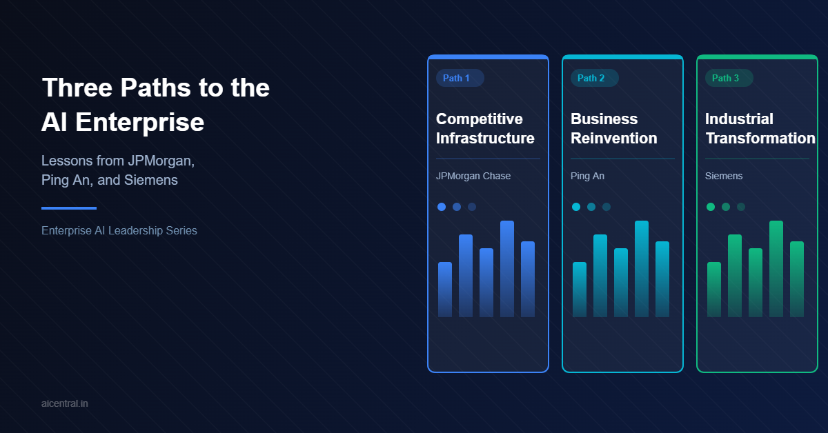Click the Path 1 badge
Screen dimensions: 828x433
(x=460, y=78)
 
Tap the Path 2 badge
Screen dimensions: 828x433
(x=594, y=78)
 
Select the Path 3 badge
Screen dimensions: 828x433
(x=729, y=78)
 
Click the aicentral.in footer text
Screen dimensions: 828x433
(x=65, y=403)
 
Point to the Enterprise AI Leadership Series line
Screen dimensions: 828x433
(x=119, y=230)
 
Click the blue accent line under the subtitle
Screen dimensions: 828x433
(x=69, y=208)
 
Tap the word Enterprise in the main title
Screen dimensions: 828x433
(x=139, y=122)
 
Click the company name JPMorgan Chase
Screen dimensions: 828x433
(x=473, y=176)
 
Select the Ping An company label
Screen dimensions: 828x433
(x=587, y=176)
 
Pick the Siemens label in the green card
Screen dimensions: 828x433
(x=724, y=176)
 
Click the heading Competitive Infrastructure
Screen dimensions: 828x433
(x=485, y=128)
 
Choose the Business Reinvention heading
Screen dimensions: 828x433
(x=613, y=128)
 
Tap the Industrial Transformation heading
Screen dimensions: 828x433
(x=760, y=128)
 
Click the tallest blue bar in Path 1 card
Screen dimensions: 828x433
(x=507, y=269)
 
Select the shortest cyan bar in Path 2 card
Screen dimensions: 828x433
(x=580, y=290)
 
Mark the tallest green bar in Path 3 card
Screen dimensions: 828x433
(x=776, y=269)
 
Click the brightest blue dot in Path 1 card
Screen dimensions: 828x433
(x=442, y=207)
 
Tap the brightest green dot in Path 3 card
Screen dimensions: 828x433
(x=711, y=207)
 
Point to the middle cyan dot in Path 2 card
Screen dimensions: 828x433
(x=591, y=207)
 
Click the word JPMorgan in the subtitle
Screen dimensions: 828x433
(x=161, y=161)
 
